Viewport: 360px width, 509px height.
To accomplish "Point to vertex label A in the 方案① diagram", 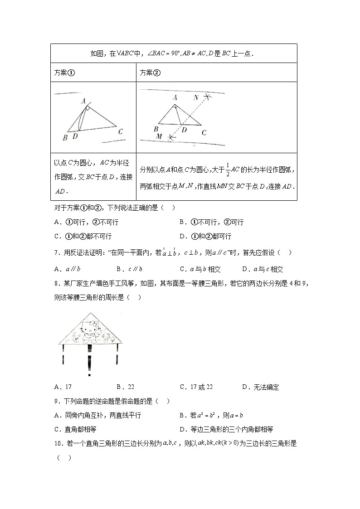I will (x=83, y=102).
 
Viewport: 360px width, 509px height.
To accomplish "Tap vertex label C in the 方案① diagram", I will (x=120, y=132).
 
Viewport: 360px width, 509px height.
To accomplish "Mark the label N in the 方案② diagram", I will (x=196, y=97).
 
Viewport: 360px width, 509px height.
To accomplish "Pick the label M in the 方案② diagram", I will (x=159, y=136).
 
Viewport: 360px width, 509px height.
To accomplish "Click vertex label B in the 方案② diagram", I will (x=156, y=129).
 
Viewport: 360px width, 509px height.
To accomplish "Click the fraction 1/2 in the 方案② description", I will (x=228, y=170).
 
